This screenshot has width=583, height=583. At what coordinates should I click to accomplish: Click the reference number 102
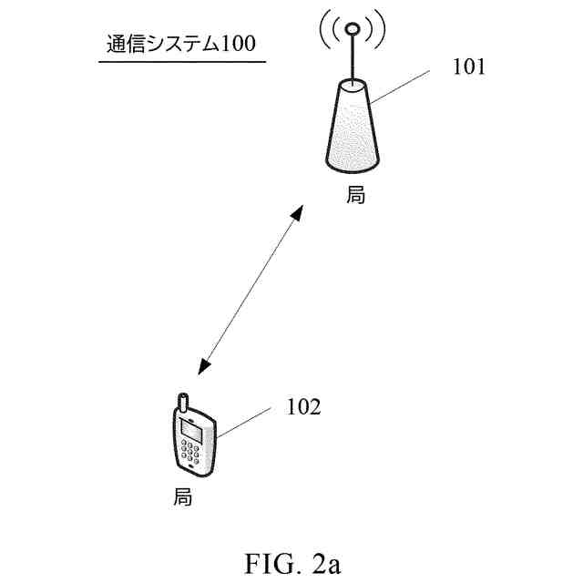point(303,407)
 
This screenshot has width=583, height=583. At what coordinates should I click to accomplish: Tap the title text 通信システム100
point(180,44)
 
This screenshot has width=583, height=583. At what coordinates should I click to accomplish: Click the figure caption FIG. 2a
point(291,561)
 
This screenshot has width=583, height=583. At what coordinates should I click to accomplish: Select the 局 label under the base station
point(355,195)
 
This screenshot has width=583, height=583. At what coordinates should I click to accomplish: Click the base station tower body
point(353,128)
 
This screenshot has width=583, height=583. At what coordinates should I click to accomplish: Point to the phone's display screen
point(192,427)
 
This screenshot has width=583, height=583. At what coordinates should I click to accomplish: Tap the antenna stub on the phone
point(181,402)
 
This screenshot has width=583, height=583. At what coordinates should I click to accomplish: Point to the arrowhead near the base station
point(294,213)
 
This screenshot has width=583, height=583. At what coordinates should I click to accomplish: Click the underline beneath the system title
point(181,61)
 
